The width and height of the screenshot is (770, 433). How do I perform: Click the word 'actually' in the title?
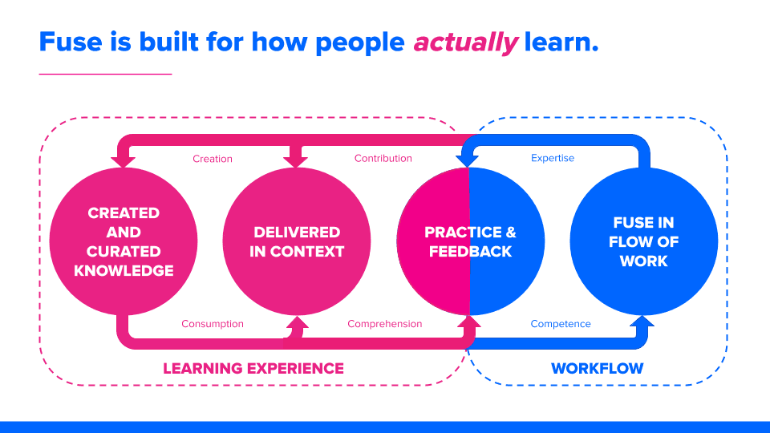coord(465,42)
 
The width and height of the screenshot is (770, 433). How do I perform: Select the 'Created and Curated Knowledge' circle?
coord(124,241)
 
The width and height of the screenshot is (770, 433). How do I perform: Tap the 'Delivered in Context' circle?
coord(297,241)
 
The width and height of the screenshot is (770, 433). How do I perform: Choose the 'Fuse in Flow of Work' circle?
coord(643,241)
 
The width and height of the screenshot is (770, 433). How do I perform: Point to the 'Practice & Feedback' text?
coord(470,241)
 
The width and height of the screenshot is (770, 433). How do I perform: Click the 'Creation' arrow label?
coord(213,159)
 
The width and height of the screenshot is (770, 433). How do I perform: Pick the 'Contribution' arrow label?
coord(383,159)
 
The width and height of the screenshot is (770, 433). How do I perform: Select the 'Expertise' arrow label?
coord(553,159)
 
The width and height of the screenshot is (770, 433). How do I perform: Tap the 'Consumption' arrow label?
coord(213,324)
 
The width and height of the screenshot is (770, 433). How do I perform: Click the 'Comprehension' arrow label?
coord(384,324)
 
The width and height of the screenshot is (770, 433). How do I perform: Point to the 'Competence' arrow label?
coord(561,324)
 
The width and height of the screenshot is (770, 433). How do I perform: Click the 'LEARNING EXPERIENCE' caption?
coord(253,369)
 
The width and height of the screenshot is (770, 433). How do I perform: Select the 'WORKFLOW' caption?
coord(597,369)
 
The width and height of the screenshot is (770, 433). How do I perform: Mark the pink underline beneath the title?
coord(105,74)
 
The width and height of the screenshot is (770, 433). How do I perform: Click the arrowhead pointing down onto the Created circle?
coord(123,161)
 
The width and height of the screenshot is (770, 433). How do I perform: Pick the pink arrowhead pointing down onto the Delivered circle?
coord(296,161)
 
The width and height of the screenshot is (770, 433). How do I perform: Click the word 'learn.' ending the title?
coord(561,42)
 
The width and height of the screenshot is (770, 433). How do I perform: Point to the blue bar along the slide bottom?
coord(385,427)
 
